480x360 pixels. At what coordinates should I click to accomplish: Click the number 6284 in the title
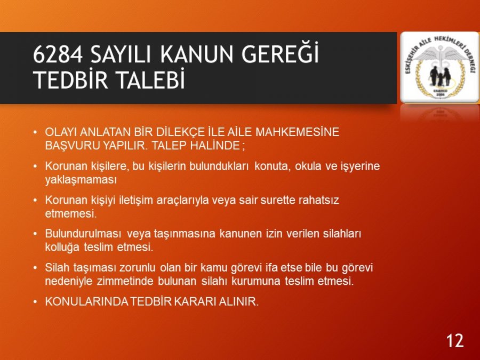click(x=58, y=54)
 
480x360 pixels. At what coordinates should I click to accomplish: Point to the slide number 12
click(x=454, y=340)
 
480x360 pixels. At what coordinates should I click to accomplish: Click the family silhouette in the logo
click(x=439, y=76)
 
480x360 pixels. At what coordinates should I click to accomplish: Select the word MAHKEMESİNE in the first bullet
click(x=297, y=132)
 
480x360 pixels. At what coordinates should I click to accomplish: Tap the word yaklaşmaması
click(x=81, y=180)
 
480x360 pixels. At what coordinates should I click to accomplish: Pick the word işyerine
click(x=360, y=166)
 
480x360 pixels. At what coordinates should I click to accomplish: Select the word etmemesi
click(x=71, y=213)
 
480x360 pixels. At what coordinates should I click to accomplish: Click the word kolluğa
click(x=62, y=247)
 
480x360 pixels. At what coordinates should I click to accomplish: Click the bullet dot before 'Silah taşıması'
click(x=36, y=268)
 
